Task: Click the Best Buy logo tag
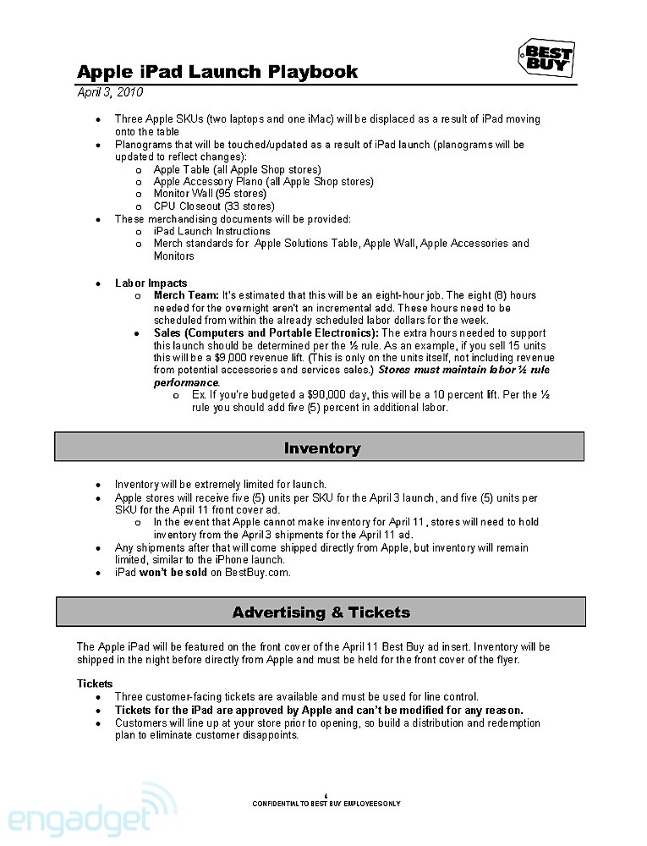click(546, 58)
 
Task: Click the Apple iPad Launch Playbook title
click(217, 72)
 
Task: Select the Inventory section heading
click(321, 448)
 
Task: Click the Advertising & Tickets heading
click(321, 612)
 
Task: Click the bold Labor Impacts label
click(151, 283)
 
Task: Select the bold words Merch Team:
click(186, 295)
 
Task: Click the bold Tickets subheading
click(95, 684)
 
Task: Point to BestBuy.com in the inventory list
click(257, 573)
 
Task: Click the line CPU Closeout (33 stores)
click(214, 206)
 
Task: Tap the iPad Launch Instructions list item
click(211, 231)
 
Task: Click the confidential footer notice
click(326, 804)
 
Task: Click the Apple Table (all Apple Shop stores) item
click(237, 169)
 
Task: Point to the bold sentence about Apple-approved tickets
click(319, 710)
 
